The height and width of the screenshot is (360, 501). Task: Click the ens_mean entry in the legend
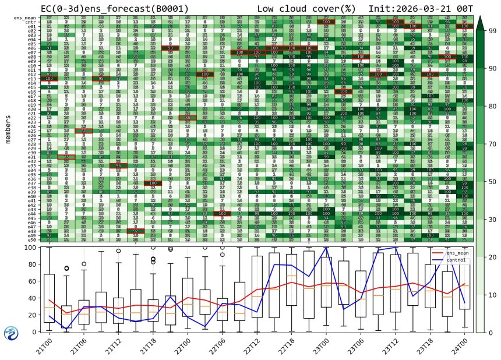pos(458,253)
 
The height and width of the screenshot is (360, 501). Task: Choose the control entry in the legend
pos(457,259)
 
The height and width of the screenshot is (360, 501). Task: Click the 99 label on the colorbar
pos(493,30)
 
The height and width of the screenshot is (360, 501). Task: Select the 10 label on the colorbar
pos(493,295)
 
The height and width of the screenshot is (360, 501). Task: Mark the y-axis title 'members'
pos(8,129)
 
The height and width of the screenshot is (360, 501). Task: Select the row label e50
pos(31,239)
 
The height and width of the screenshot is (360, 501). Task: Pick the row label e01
pos(31,27)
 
